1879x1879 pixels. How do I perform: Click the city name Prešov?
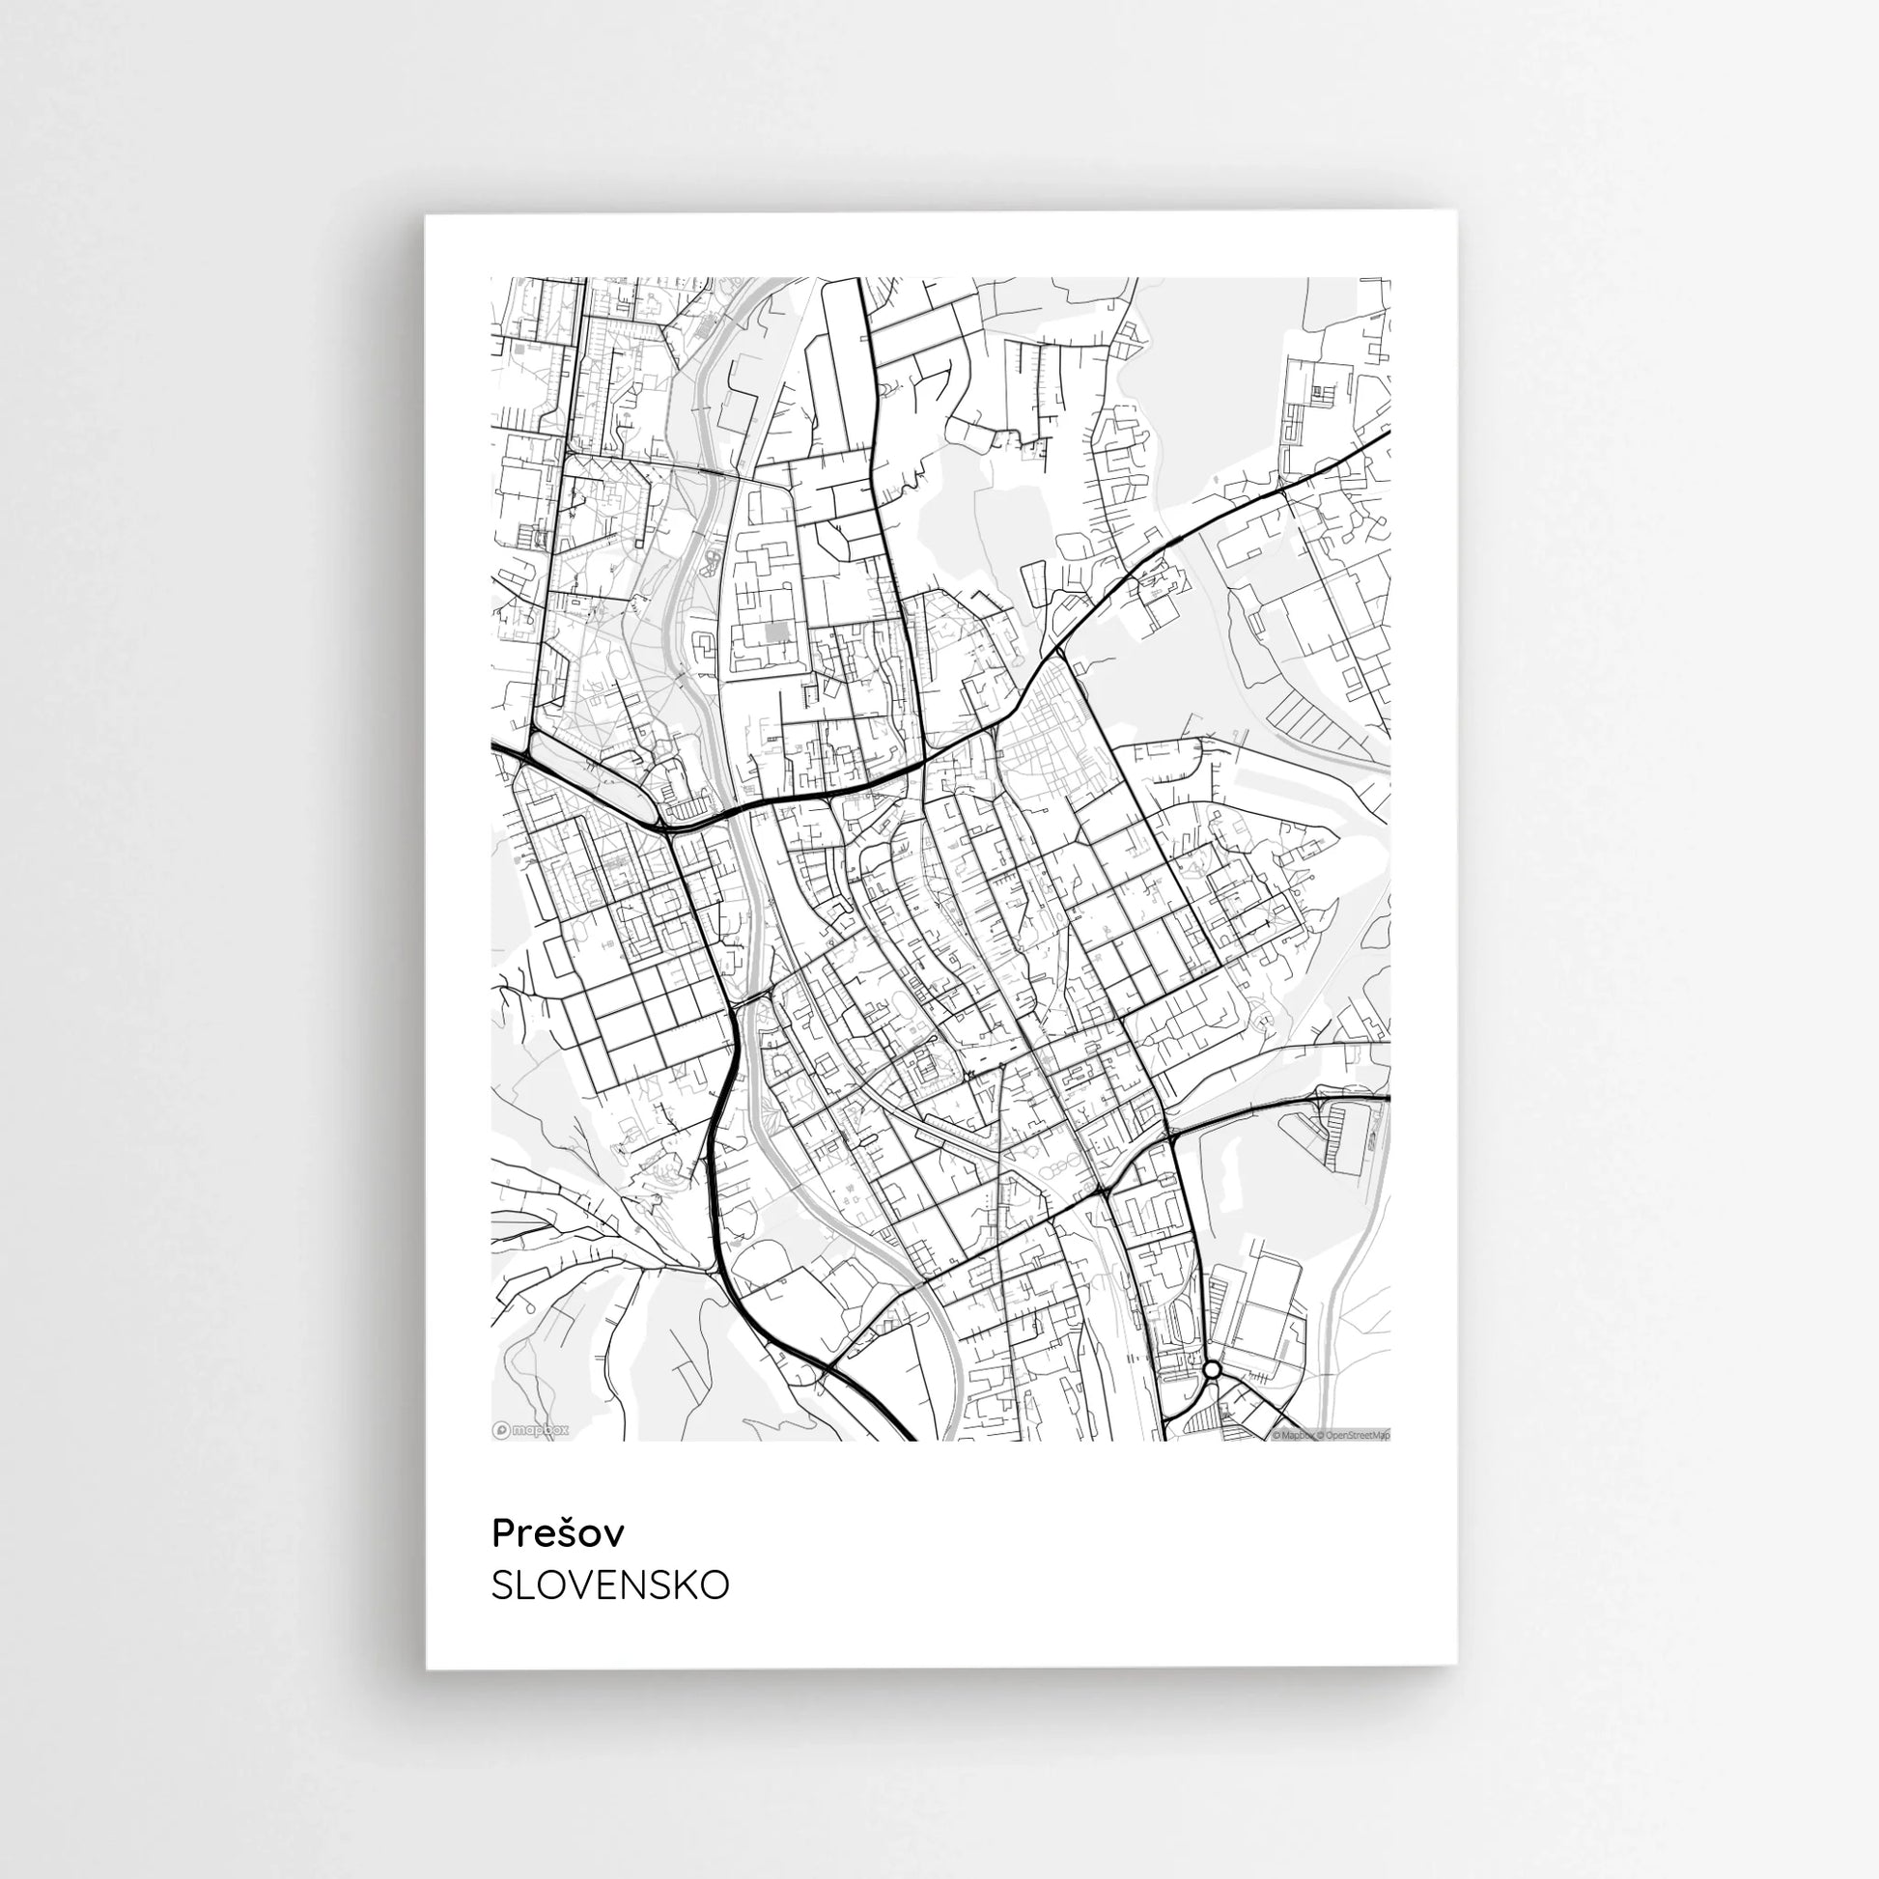click(x=557, y=1532)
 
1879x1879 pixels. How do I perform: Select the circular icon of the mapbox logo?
click(x=501, y=1430)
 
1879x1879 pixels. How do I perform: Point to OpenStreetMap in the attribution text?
click(x=1358, y=1435)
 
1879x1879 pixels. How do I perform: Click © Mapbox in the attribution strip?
click(x=1295, y=1435)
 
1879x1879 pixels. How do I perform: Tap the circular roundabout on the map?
click(x=1212, y=1369)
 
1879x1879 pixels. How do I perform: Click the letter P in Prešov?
click(x=503, y=1532)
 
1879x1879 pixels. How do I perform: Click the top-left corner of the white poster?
click(x=426, y=215)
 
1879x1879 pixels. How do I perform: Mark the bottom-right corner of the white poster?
click(x=1457, y=1668)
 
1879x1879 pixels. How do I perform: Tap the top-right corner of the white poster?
click(x=1457, y=212)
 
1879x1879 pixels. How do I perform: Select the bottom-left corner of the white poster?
click(x=427, y=1669)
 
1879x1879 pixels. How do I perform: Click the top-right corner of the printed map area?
click(x=1389, y=278)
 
